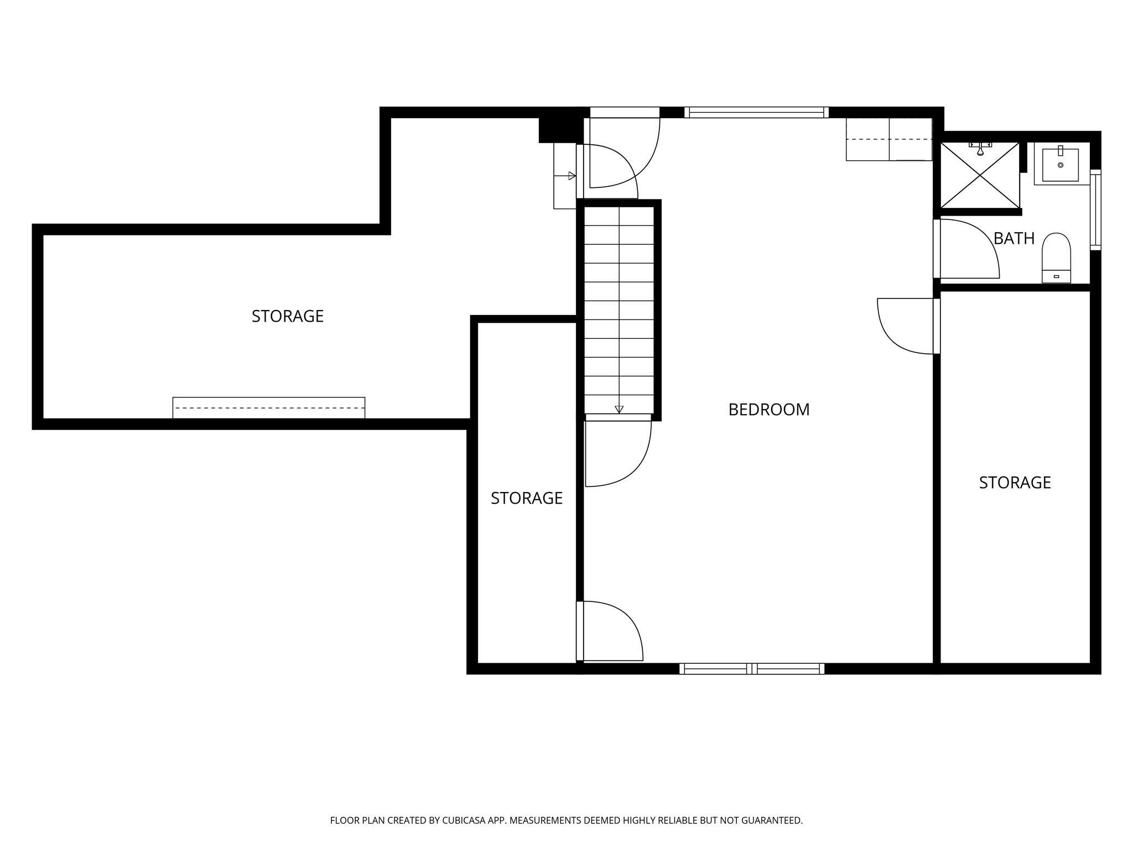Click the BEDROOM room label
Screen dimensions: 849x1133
(768, 410)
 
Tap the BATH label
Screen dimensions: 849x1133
(1014, 238)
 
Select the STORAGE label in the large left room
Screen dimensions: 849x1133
(287, 316)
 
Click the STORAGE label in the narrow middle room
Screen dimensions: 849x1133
(526, 498)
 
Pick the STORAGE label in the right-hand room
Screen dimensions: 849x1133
(1015, 483)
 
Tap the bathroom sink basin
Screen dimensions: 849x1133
(1060, 165)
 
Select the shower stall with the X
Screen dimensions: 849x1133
(980, 175)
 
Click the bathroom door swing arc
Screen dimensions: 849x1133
(974, 249)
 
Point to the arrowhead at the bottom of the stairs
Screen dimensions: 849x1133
(619, 410)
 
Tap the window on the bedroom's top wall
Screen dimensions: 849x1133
(756, 112)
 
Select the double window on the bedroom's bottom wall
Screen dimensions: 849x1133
(751, 669)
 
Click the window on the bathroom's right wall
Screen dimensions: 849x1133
(1095, 210)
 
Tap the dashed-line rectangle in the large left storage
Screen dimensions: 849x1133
(268, 408)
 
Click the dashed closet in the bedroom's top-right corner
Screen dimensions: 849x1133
(888, 139)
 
